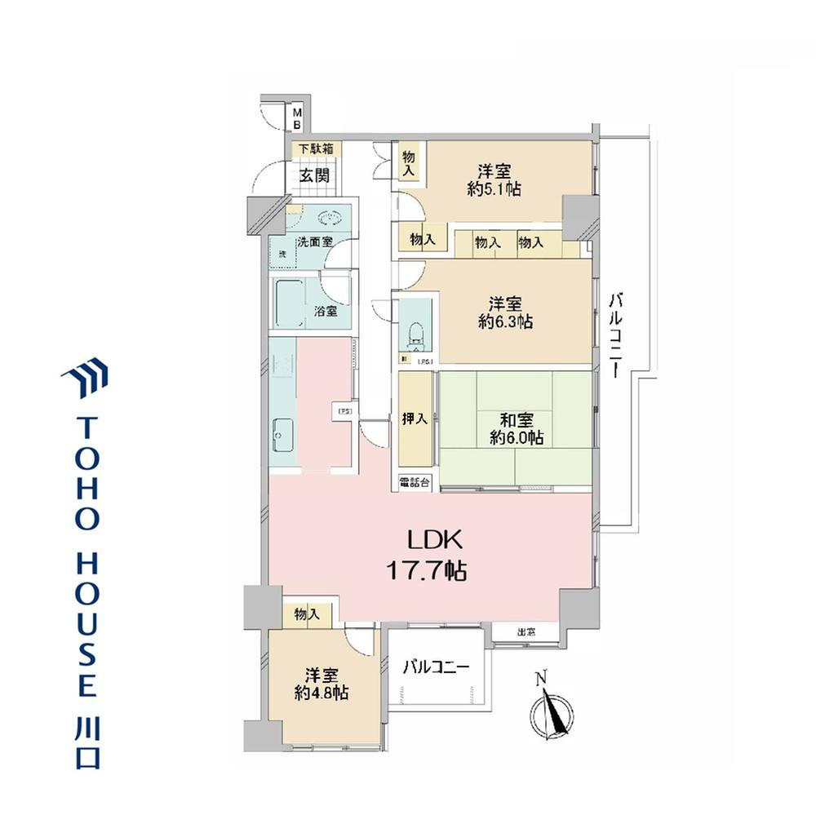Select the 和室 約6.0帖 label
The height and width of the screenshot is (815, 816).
point(517,429)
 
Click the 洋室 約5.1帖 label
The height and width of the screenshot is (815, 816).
point(495,180)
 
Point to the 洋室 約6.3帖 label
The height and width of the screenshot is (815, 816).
point(506,312)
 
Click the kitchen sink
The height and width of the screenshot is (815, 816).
point(282,440)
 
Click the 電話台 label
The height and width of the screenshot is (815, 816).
point(415,482)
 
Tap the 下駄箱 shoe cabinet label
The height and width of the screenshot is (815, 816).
point(315,149)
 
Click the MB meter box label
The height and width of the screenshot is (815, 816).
point(299,118)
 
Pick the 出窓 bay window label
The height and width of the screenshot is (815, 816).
point(526,631)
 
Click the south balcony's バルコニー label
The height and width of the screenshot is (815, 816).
point(437,667)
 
